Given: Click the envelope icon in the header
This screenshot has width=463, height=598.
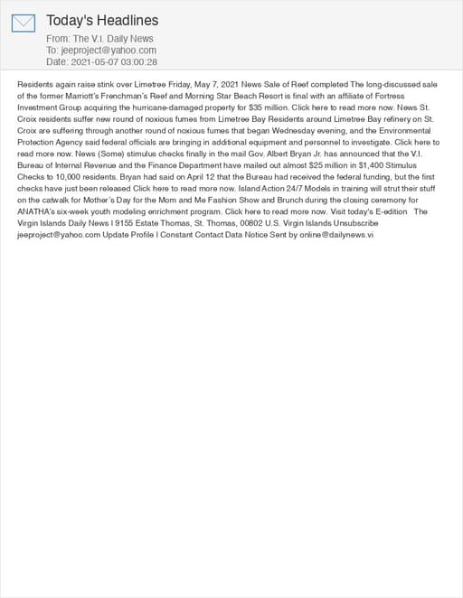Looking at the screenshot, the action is [x=24, y=23].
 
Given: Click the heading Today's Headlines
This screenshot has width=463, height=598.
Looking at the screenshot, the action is [x=102, y=20].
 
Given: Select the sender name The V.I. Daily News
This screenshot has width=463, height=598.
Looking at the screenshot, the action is [x=113, y=39].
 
